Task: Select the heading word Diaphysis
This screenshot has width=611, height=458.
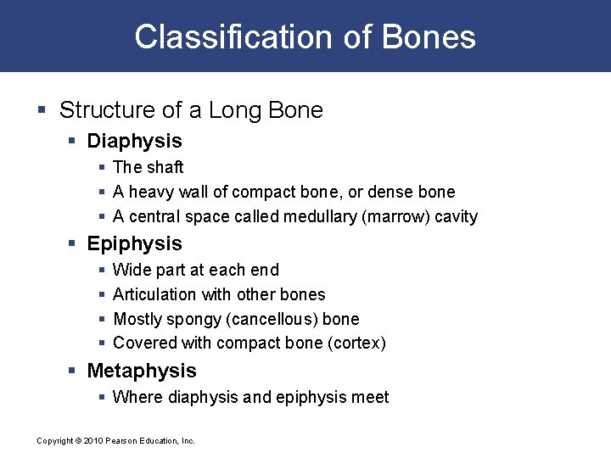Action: (134, 141)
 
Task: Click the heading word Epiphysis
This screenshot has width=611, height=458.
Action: (134, 243)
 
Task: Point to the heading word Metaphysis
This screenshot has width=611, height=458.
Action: (142, 371)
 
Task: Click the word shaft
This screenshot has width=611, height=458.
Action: (165, 168)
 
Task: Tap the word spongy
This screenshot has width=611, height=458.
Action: (191, 320)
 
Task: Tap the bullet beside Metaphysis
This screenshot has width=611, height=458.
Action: (73, 371)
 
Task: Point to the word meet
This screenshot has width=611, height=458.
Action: (370, 397)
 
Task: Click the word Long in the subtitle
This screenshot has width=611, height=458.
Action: (235, 110)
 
